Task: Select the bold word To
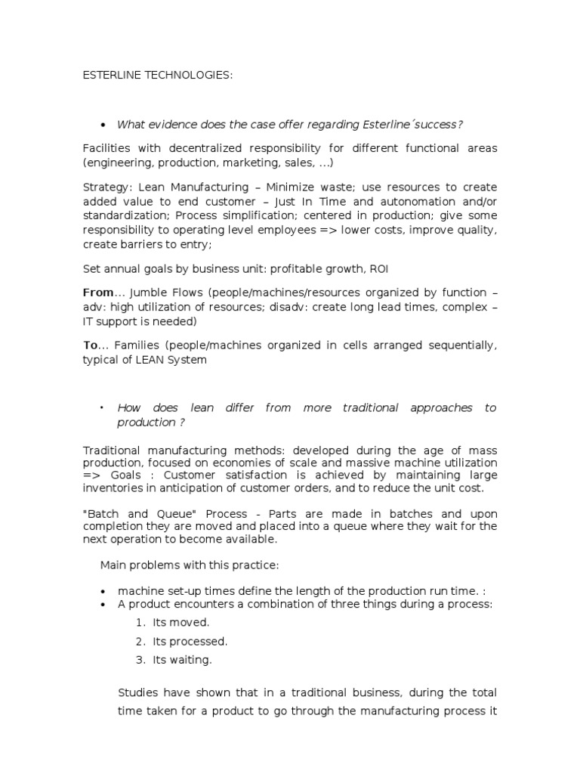click(90, 345)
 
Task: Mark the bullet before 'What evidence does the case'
click(103, 125)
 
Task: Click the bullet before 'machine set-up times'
click(103, 590)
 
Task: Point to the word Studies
click(140, 692)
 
